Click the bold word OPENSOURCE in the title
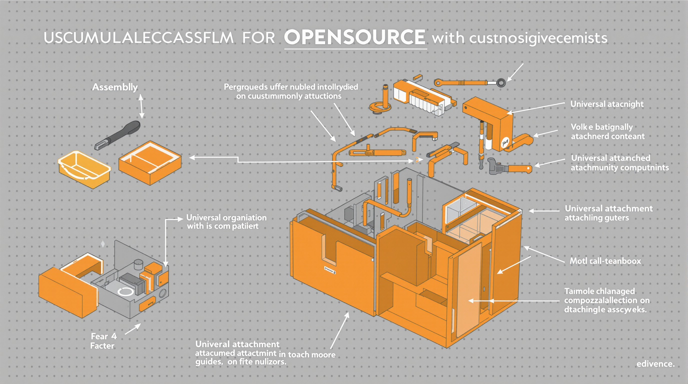click(355, 37)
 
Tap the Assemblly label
click(115, 87)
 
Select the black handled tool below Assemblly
click(117, 135)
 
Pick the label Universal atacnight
click(607, 104)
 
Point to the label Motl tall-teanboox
click(605, 261)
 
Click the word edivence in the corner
click(655, 363)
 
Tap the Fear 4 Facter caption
click(104, 341)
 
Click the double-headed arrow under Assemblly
click(141, 106)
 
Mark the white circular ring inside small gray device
click(125, 291)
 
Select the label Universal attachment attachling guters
click(608, 213)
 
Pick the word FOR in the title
click(258, 38)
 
